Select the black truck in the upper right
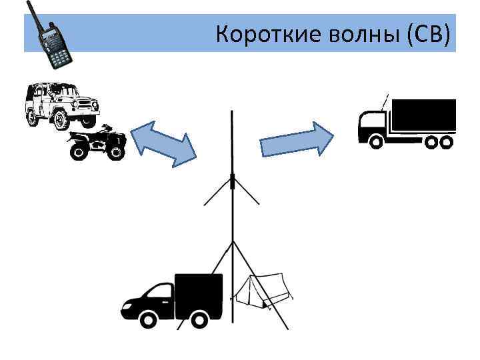[x=407, y=123]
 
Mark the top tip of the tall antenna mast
[x=231, y=111]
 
